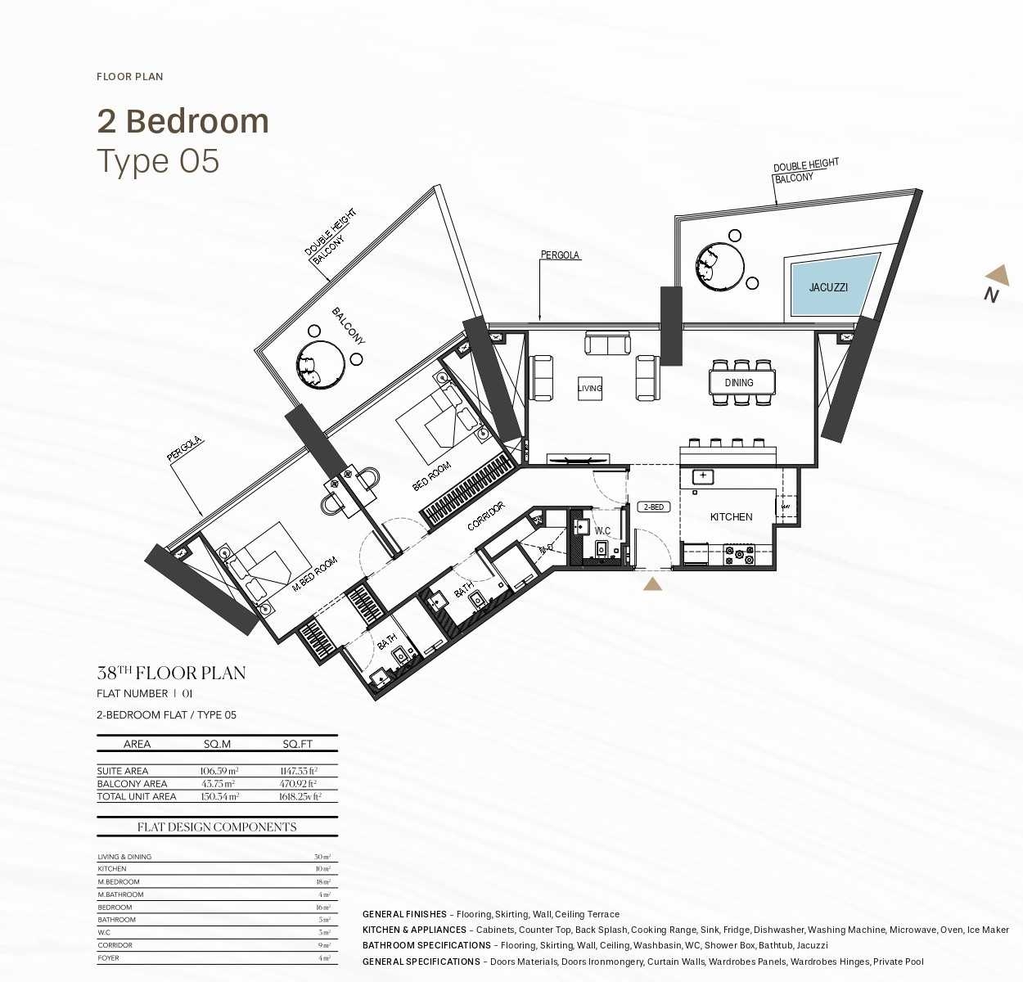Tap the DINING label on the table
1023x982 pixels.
pos(738,383)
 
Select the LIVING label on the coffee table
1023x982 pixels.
pos(589,389)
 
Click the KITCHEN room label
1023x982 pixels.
pos(731,517)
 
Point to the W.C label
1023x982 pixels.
pos(602,531)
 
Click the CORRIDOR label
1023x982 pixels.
pos(485,516)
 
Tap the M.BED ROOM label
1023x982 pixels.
pos(315,575)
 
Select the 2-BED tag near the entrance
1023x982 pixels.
pos(654,507)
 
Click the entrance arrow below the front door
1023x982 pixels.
pos(652,584)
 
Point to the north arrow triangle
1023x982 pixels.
pos(998,276)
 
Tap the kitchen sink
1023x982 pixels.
pos(703,476)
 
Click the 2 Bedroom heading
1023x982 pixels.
pos(183,121)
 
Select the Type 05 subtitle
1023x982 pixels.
pos(158,161)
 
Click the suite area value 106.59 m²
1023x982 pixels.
pos(219,771)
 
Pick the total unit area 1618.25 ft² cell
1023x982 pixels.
pos(300,796)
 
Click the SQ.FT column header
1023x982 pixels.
pos(298,744)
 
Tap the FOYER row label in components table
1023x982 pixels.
pos(108,957)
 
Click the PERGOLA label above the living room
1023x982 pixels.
pos(560,255)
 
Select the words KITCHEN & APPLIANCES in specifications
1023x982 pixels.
pos(414,930)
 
